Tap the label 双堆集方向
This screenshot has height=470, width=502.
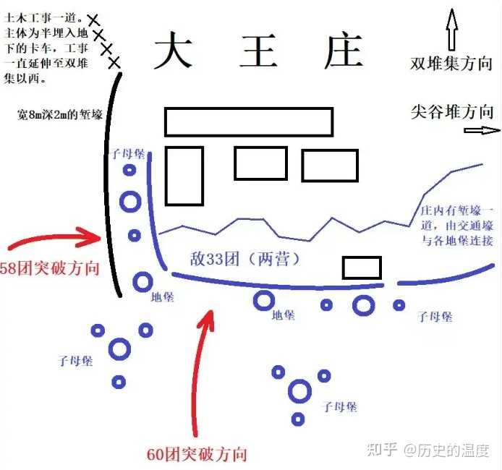coord(453,63)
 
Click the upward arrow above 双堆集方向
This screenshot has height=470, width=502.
coord(452,29)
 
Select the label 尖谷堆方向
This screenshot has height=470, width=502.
coord(452,111)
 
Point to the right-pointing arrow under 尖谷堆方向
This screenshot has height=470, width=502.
coord(481,131)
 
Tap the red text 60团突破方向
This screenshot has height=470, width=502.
coord(196,454)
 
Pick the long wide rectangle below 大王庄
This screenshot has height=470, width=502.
coord(249,121)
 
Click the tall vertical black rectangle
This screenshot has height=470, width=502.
coord(184,176)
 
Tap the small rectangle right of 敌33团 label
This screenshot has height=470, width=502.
coord(362,268)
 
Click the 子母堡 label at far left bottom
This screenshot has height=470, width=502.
coord(75,360)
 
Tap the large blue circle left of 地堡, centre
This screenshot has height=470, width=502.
coord(142,282)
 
